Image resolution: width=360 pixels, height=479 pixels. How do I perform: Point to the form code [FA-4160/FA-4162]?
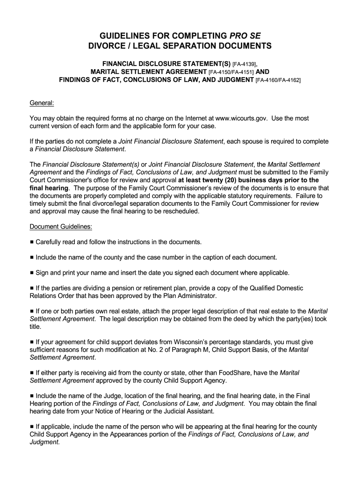[278, 80]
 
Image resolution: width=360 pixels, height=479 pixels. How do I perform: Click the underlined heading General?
[42, 102]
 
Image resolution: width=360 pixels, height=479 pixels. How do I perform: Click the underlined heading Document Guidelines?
[61, 227]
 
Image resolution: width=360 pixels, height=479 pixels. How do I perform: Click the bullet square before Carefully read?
[32, 242]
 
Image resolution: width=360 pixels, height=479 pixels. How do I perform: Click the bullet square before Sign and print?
[32, 273]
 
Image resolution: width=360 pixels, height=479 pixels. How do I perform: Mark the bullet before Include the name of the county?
[32, 257]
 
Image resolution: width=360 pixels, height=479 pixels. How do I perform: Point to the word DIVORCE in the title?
[108, 47]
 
